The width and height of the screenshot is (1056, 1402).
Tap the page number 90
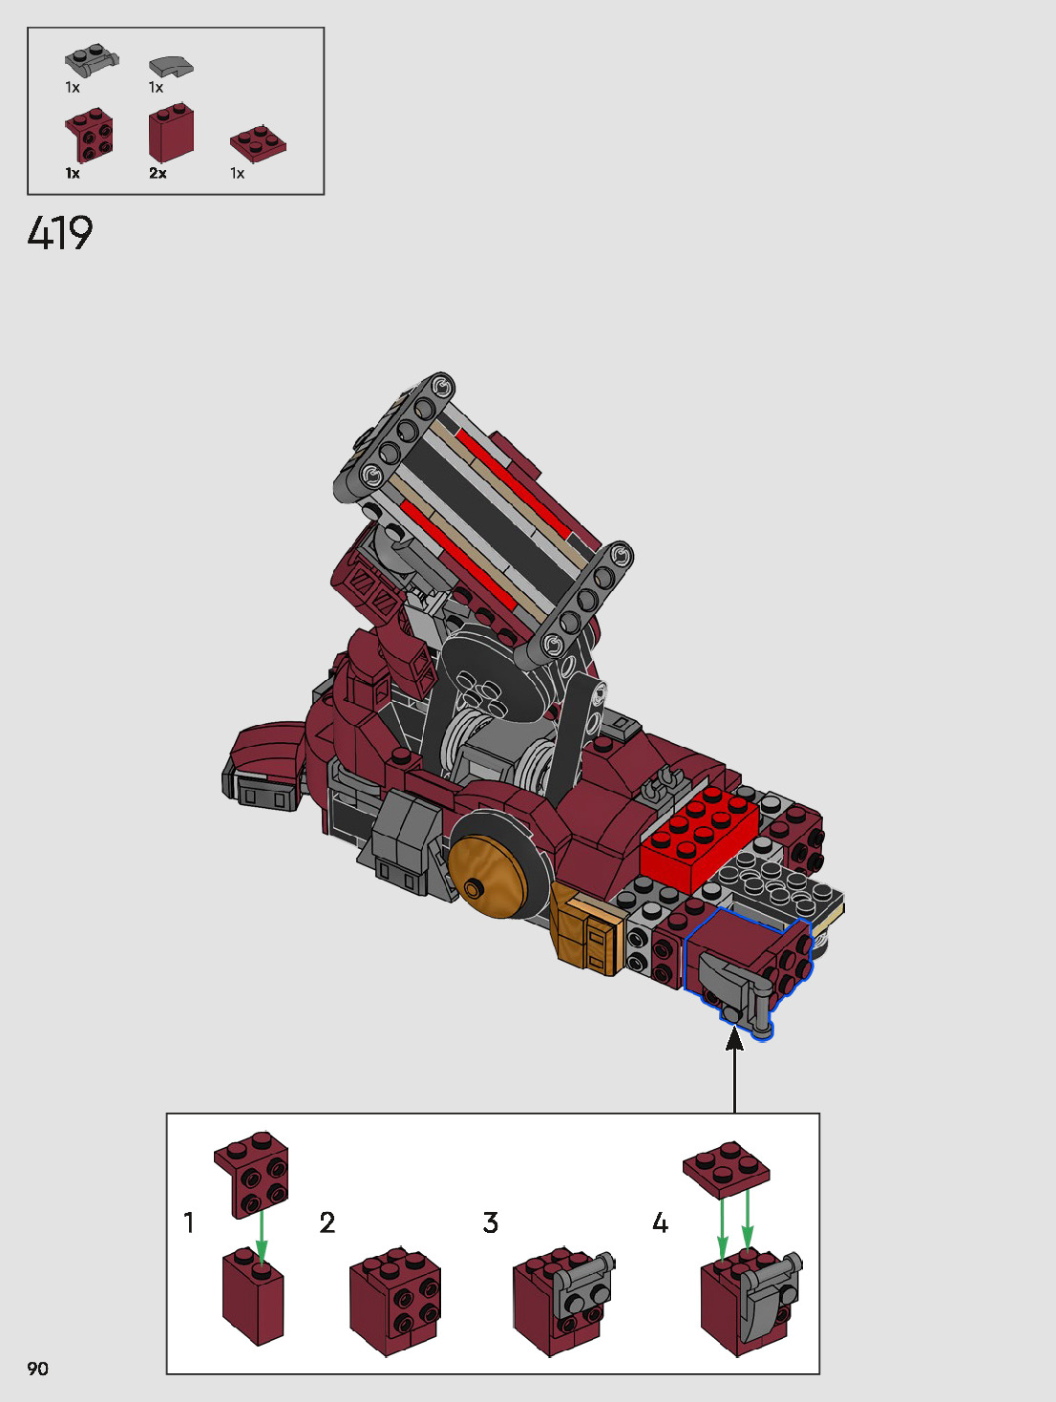coord(37,1368)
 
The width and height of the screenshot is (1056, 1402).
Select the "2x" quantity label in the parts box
coord(158,173)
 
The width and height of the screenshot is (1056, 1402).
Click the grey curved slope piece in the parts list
coord(171,67)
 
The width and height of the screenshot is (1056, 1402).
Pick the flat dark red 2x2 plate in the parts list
coord(258,143)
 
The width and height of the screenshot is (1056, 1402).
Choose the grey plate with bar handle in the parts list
coord(92,59)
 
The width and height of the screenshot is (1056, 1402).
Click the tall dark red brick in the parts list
coord(171,133)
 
